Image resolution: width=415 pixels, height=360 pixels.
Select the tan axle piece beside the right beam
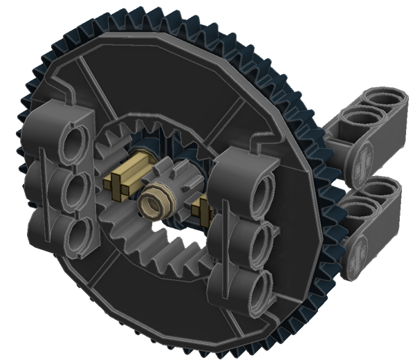tap(203, 206)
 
